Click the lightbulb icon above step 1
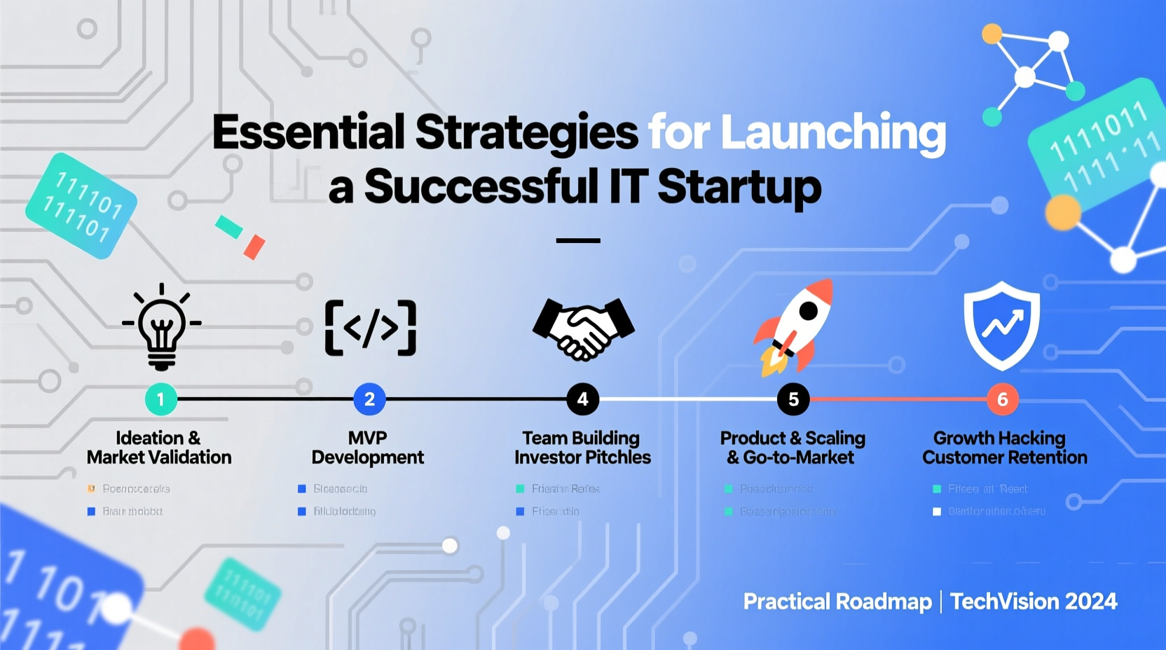tap(162, 326)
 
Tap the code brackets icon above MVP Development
tap(371, 327)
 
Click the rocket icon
tap(795, 326)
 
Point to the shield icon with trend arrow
tap(1001, 325)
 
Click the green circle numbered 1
tap(160, 399)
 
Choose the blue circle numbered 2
tap(369, 399)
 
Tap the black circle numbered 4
tap(582, 399)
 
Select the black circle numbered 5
tap(793, 399)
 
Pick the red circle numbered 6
tap(1002, 399)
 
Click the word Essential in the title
tap(308, 132)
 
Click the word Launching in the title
tap(833, 132)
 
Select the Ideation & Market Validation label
tap(159, 448)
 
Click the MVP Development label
tap(368, 448)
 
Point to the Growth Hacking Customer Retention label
tap(1004, 448)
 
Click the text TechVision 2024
tap(1034, 602)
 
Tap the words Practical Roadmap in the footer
tap(837, 602)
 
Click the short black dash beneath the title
tap(578, 240)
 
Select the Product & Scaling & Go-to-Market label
tap(793, 448)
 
